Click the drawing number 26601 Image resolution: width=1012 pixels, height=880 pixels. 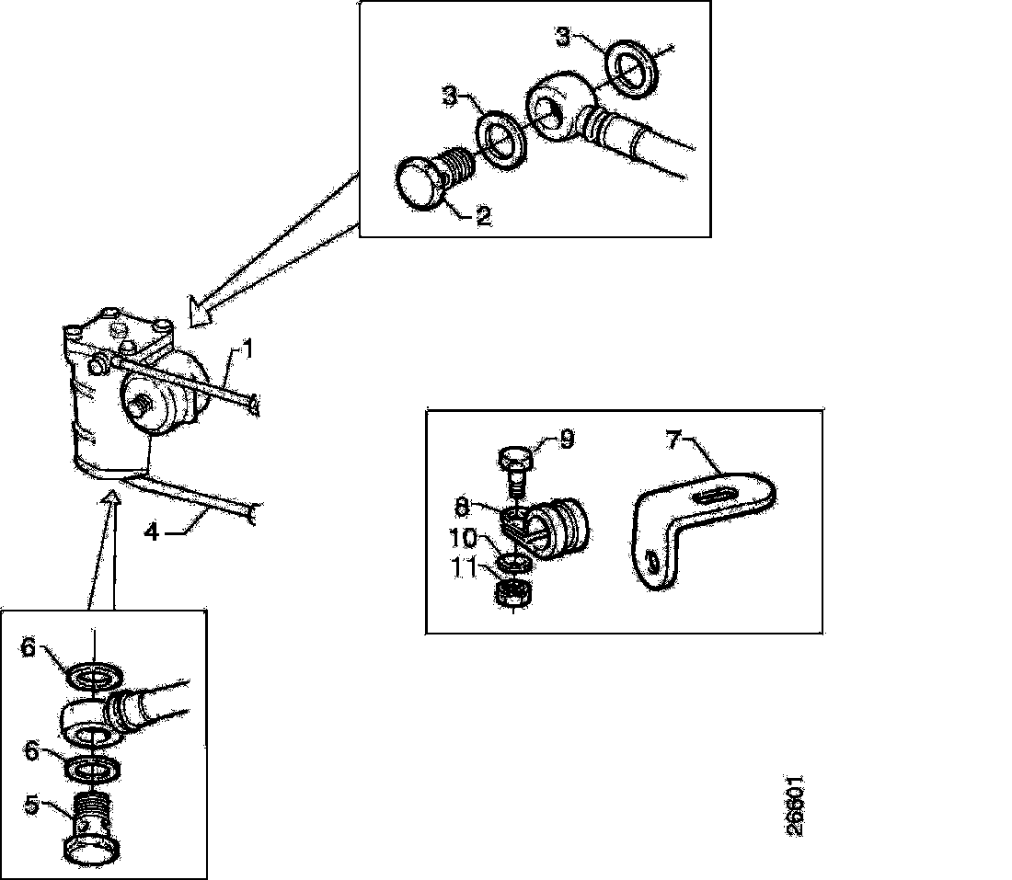point(797,805)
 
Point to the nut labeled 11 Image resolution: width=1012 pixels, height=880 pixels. point(512,597)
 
